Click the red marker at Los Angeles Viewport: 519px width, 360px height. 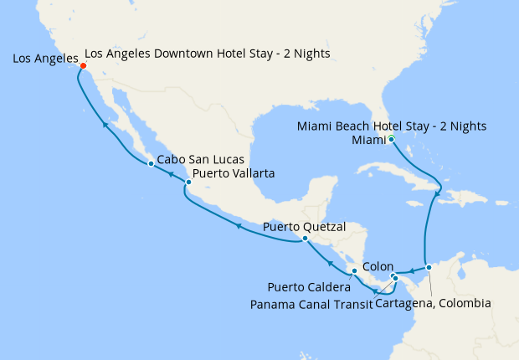tap(83, 67)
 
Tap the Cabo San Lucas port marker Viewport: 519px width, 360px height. tap(150, 163)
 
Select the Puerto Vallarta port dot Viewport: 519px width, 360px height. tap(188, 182)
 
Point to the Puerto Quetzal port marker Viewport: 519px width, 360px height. tap(305, 239)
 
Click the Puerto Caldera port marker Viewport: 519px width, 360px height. tap(354, 271)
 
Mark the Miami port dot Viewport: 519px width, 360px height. tap(391, 139)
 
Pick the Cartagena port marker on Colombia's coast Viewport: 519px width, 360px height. tap(429, 268)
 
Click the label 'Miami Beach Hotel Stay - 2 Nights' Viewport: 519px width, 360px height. tap(392, 126)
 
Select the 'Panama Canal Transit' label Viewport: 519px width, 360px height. tap(311, 303)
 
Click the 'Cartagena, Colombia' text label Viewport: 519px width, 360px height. tap(433, 303)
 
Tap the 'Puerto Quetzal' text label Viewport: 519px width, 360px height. tap(304, 226)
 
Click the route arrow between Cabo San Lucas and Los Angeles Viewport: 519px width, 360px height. tap(105, 125)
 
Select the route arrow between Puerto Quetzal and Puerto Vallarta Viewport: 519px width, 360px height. tap(238, 225)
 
